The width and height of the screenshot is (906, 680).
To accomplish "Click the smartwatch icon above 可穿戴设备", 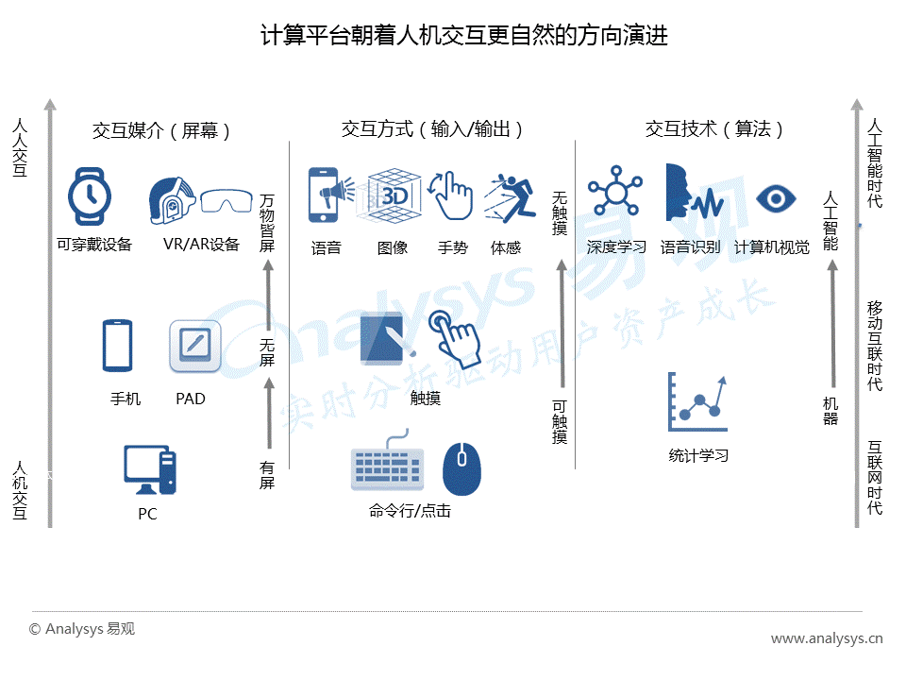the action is tap(89, 196).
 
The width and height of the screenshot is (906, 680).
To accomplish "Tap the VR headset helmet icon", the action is tap(172, 200).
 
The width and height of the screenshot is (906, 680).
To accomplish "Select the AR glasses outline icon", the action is tap(226, 200).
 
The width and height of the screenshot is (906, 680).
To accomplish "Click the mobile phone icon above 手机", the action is tap(117, 346).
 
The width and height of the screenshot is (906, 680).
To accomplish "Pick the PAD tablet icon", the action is tap(195, 346).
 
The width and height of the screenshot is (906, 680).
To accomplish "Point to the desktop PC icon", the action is tap(150, 469).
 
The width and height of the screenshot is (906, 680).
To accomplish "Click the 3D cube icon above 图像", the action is tap(390, 195).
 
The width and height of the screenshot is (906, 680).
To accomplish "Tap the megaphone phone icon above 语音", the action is tap(330, 195).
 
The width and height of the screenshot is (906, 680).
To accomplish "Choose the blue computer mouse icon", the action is tap(461, 469).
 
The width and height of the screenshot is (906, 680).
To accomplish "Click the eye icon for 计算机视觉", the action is tap(776, 199).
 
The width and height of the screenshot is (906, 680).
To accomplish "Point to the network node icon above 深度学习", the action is tap(615, 192).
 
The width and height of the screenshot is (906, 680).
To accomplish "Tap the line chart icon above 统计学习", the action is tap(697, 402).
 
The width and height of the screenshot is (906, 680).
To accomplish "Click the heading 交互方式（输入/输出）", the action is tap(431, 129).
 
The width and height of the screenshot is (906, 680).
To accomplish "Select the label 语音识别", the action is tap(690, 247).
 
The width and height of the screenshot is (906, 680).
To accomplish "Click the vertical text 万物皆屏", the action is tap(267, 223).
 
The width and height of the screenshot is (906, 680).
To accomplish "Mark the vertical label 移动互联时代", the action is tap(875, 346).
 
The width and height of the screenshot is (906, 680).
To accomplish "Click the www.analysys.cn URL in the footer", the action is tap(827, 638).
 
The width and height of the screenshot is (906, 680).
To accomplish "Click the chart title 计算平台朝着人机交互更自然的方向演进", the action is tap(464, 35).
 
